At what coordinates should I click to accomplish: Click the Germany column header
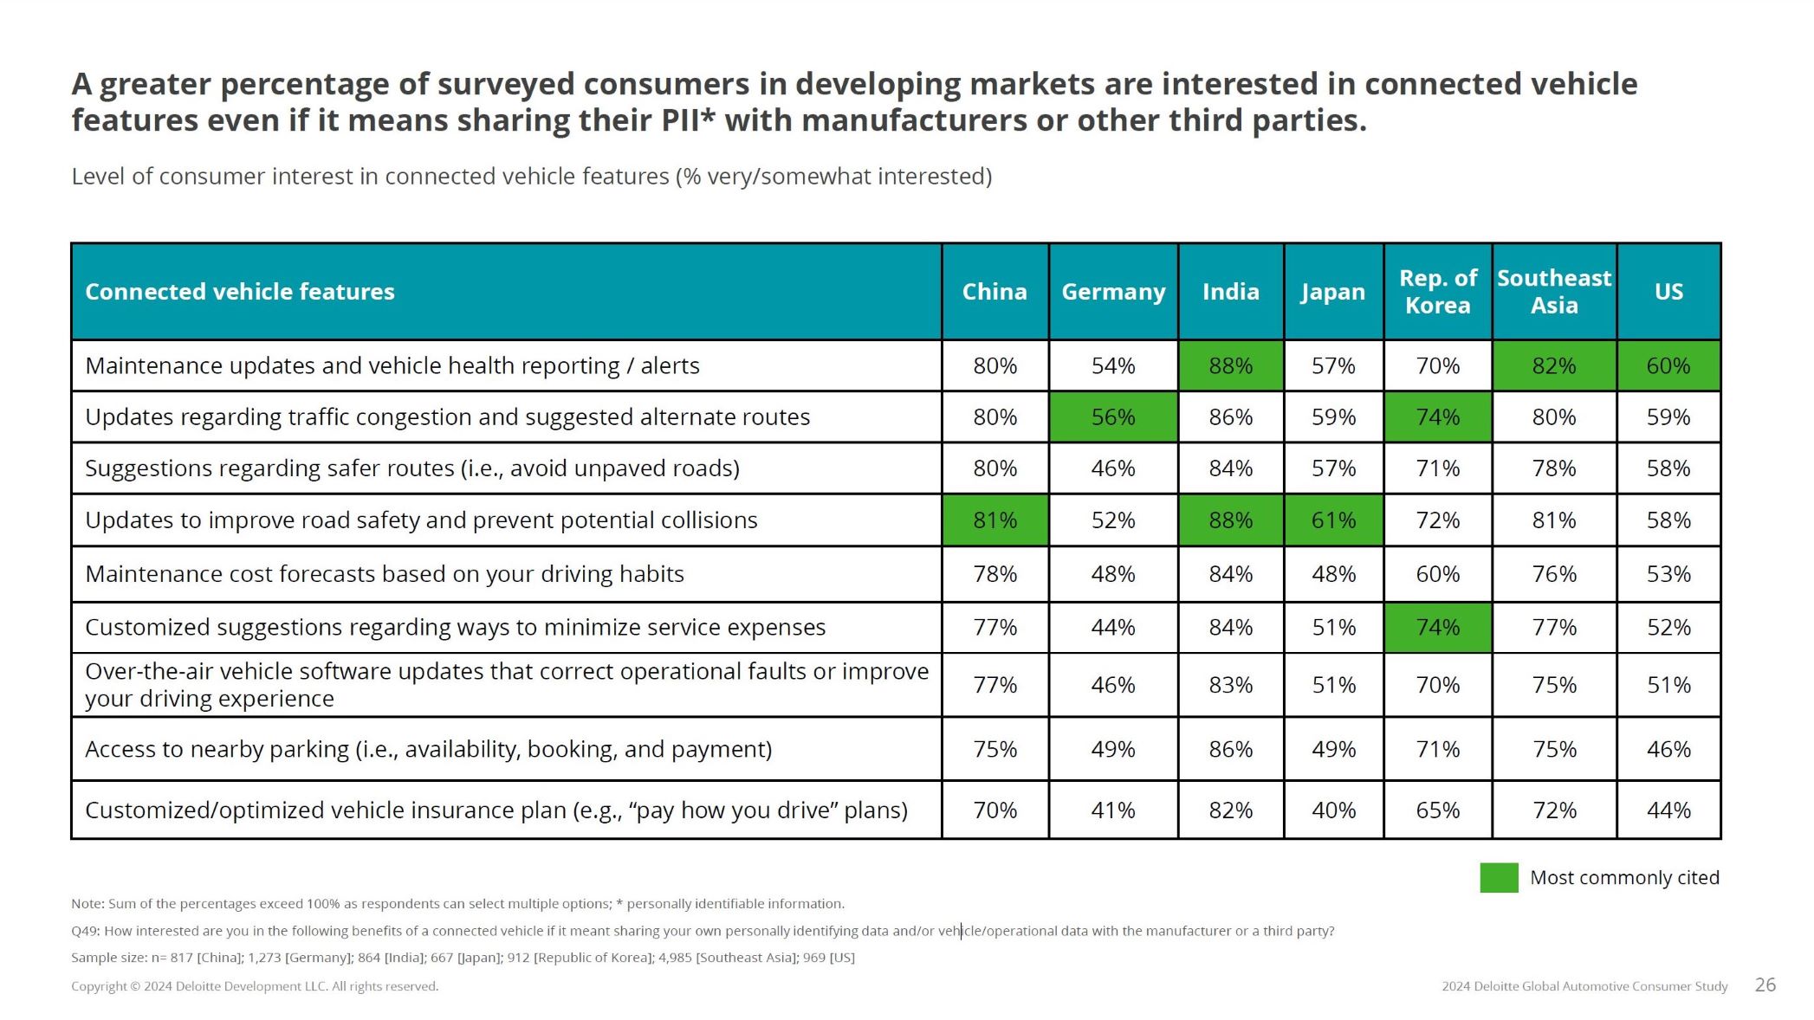click(1113, 292)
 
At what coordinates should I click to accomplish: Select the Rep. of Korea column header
click(1437, 292)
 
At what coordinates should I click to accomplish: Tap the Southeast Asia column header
click(1554, 292)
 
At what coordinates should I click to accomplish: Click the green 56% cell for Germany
click(1113, 417)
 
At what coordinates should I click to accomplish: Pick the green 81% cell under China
click(994, 520)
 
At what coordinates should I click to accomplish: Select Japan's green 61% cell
click(1333, 520)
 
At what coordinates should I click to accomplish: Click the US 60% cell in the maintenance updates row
click(1668, 366)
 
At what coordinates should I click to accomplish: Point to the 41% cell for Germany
click(1113, 810)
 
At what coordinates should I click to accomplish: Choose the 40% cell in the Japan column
click(1333, 810)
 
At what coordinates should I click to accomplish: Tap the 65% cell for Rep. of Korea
click(1437, 810)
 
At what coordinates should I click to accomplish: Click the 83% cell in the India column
click(1230, 685)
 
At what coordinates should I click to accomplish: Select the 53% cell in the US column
click(1668, 574)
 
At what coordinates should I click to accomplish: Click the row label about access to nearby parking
click(428, 749)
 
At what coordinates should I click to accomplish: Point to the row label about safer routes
click(412, 468)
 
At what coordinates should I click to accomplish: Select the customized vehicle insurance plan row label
click(496, 810)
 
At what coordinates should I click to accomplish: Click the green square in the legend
click(1499, 877)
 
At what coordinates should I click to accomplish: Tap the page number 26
click(1765, 984)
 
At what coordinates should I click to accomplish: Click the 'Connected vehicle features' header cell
click(240, 292)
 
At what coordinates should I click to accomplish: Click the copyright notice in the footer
click(255, 986)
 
